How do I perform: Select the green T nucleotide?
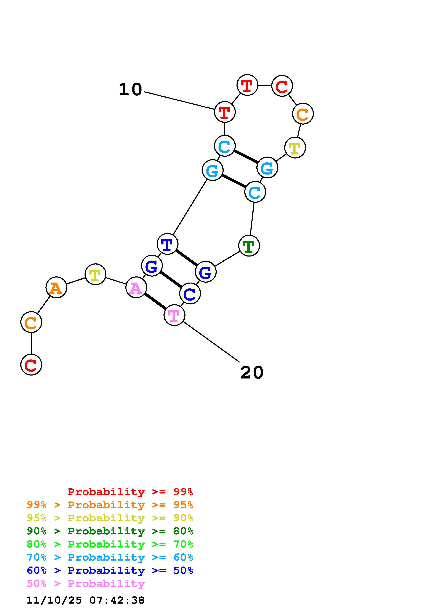pos(249,246)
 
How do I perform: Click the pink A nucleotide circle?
pos(136,288)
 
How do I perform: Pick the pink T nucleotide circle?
pos(174,315)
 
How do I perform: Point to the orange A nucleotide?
pos(56,288)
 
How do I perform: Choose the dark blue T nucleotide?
pos(167,244)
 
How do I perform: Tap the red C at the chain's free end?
pos(31,365)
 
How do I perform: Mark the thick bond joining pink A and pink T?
pos(155,301)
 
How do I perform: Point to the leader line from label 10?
pos(179,101)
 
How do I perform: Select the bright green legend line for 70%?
pos(110,544)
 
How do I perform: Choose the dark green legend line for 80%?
pos(110,531)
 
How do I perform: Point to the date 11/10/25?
pos(54,600)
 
